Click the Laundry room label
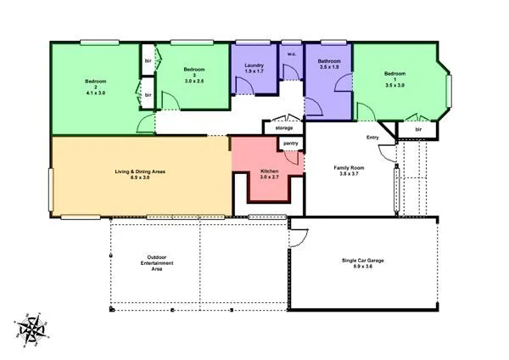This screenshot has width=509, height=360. (x=254, y=66)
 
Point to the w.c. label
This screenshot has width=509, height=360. (x=291, y=56)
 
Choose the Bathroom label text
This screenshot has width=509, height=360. (x=329, y=61)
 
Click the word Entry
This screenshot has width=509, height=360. (x=372, y=138)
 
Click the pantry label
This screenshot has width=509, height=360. (x=290, y=143)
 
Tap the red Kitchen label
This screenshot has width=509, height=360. (x=269, y=172)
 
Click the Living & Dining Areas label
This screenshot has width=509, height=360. (x=140, y=172)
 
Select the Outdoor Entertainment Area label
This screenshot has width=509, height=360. (x=156, y=263)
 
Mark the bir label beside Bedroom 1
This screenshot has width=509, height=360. (x=417, y=129)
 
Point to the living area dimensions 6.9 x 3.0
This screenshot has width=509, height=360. (x=140, y=177)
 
